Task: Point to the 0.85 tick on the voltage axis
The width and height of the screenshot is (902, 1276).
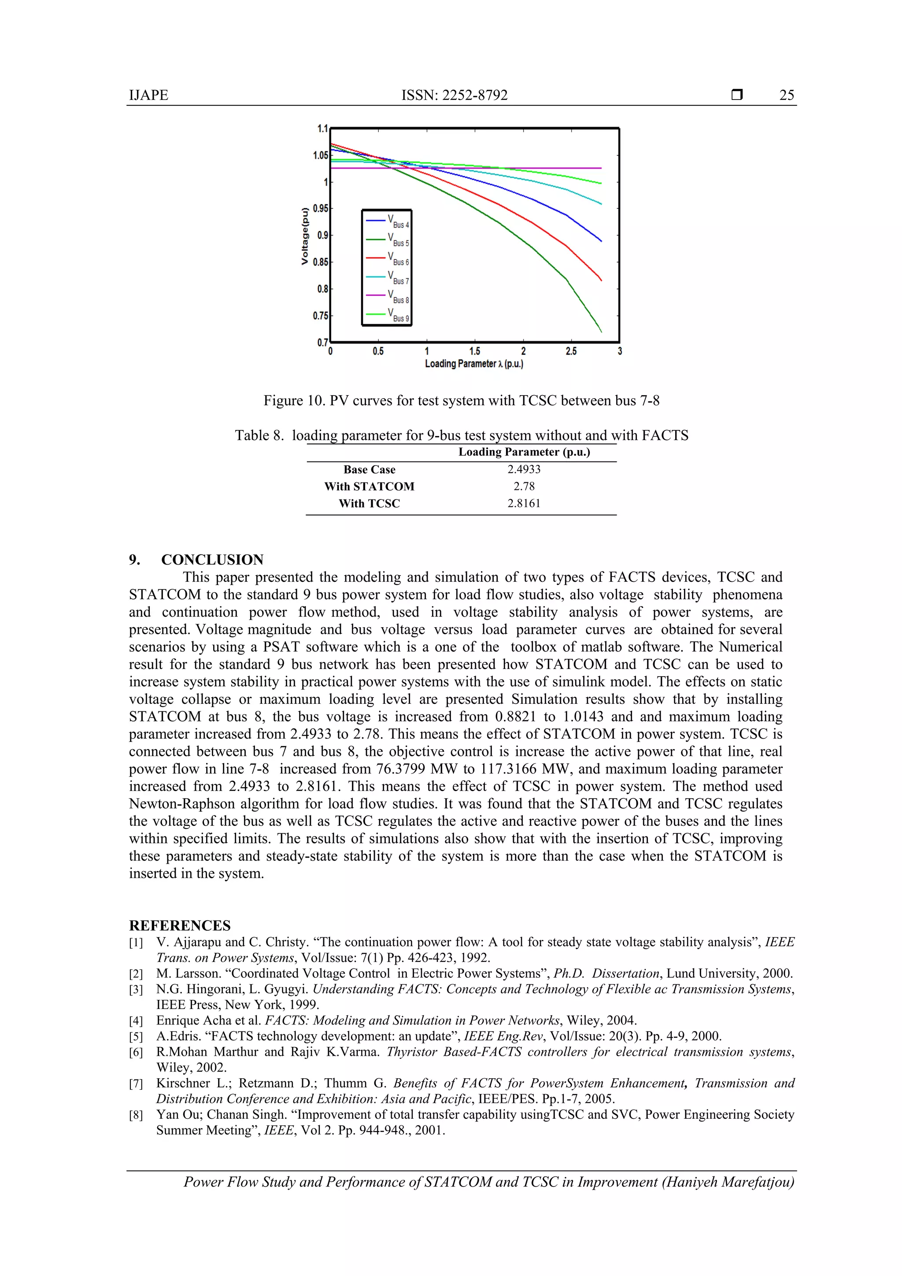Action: (321, 262)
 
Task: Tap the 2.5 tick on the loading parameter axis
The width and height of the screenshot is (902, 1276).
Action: (571, 351)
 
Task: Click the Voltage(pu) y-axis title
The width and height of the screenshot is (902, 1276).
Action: (304, 236)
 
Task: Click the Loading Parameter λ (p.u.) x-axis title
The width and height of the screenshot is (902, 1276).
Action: (474, 364)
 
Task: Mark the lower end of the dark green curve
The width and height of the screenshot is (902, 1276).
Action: (601, 331)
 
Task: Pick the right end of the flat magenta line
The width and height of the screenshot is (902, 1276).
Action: (601, 168)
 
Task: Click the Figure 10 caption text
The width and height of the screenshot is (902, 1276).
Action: (461, 401)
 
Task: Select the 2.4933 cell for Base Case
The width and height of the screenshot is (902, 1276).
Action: (524, 469)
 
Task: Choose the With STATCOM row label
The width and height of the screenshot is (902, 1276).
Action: (370, 486)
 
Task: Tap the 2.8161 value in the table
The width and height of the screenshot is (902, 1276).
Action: (524, 503)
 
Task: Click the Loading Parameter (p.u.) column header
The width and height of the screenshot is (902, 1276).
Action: (524, 452)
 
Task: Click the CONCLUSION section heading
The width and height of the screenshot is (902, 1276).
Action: (212, 560)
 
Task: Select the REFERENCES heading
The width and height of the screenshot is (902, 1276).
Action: (180, 925)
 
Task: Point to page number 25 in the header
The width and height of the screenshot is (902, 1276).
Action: (787, 95)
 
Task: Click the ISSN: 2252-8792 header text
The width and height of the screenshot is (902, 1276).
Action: (455, 95)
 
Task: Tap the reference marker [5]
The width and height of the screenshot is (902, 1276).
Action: (136, 1036)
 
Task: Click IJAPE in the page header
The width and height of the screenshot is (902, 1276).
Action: (148, 95)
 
